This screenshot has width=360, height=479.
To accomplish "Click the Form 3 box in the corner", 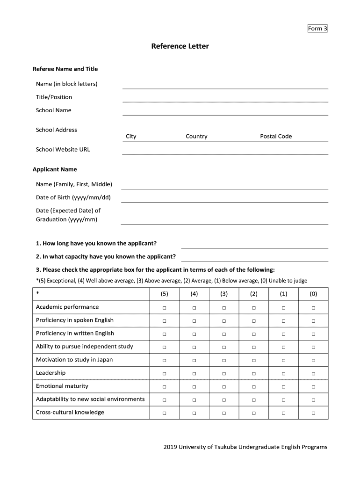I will tap(317, 29).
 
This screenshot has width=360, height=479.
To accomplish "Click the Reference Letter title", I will tap(180, 46).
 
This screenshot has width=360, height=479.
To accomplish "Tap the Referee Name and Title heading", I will tap(65, 69).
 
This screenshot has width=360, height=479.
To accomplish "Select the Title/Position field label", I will tap(54, 97).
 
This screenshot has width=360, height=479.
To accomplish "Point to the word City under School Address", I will tap(131, 137).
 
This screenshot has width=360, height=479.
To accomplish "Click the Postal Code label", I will tap(276, 137).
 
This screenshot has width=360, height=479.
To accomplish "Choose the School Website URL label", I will tap(63, 150).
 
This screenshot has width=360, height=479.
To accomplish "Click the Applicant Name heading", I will tap(55, 169).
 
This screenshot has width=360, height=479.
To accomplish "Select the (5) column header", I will tap(164, 294).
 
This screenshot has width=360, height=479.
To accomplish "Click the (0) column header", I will tap(313, 294).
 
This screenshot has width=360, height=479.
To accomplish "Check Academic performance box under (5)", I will tap(164, 308).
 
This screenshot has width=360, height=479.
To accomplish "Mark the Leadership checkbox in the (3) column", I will tap(224, 374).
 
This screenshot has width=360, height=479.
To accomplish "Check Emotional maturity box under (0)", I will tap(313, 387).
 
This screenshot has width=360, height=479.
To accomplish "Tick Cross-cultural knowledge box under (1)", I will tap(283, 413).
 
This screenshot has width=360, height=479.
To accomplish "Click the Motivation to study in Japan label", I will tap(74, 360).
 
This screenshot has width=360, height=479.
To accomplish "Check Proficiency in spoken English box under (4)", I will tap(194, 321).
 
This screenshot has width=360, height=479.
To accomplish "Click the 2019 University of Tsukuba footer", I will tap(245, 447).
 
